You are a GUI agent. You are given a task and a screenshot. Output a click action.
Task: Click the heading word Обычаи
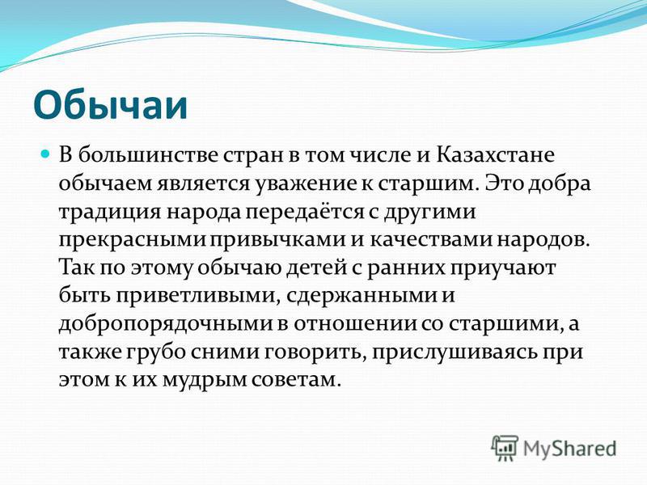click(110, 105)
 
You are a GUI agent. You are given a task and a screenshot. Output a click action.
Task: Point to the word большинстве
click(149, 155)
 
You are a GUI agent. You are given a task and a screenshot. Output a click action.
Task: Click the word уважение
click(307, 184)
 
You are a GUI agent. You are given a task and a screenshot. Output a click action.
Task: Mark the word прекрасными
click(132, 240)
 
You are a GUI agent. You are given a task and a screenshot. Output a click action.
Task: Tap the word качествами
click(431, 240)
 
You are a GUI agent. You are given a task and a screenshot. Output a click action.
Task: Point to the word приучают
click(502, 268)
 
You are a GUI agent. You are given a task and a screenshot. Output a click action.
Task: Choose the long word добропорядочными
click(166, 324)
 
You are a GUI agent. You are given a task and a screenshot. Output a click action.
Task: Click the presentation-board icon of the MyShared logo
click(504, 448)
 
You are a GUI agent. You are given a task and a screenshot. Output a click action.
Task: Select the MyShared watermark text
click(569, 449)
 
